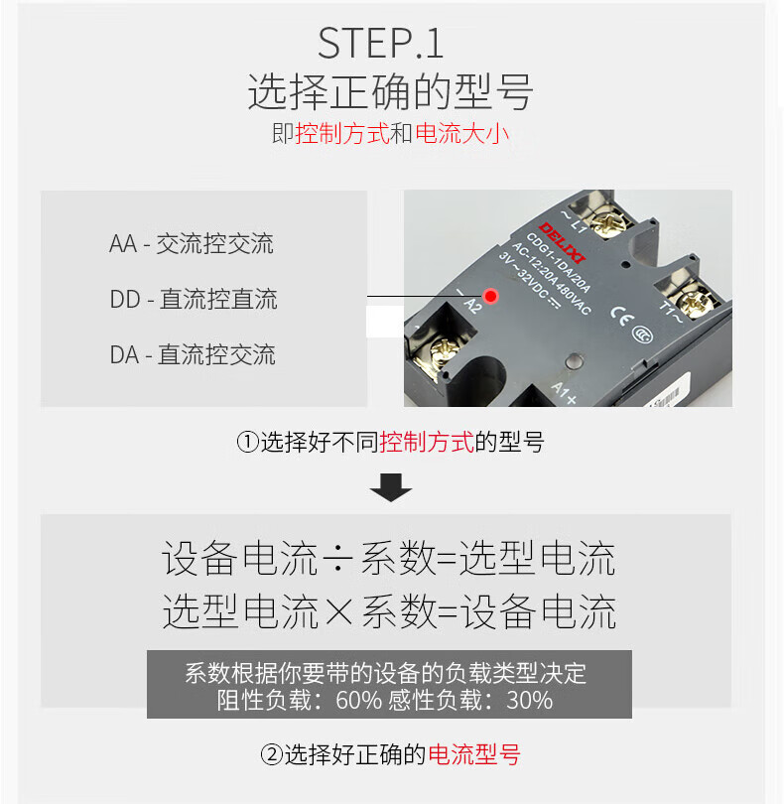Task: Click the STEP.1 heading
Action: point(380,44)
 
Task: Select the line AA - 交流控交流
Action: point(192,243)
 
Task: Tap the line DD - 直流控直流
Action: point(194,299)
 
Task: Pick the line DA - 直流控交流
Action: point(193,354)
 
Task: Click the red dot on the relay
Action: point(490,296)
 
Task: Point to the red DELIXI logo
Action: point(562,243)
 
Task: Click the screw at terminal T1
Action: point(696,304)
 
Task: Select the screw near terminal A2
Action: point(442,352)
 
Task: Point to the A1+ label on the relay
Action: point(564,392)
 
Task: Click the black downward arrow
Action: point(391,487)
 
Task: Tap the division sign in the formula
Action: point(338,559)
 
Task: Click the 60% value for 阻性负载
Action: point(359,700)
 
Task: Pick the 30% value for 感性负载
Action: point(529,700)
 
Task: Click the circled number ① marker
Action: point(248,442)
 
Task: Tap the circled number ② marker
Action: point(272,754)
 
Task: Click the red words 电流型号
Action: point(474,754)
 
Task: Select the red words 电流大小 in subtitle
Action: point(462,134)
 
